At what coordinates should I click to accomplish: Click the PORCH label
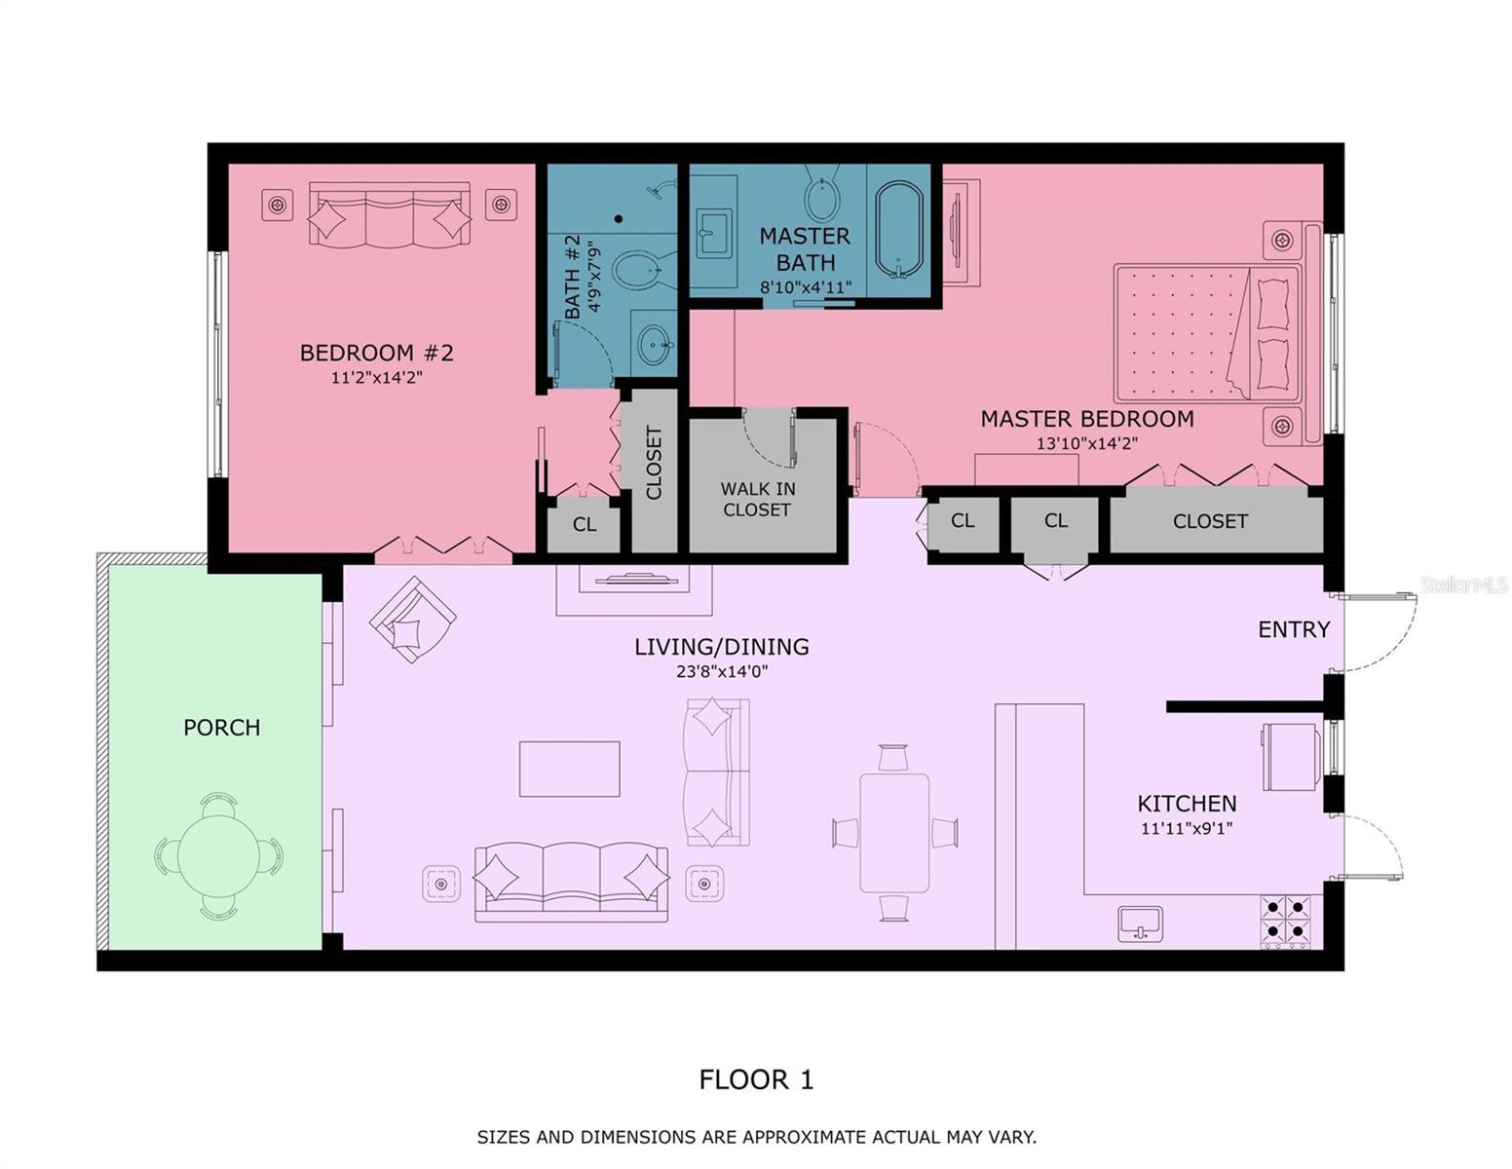click(x=221, y=728)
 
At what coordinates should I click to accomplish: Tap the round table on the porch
click(x=219, y=856)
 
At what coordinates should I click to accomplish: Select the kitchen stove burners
click(x=1286, y=921)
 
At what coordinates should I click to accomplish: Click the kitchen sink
click(x=1140, y=923)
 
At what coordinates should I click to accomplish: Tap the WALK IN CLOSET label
click(x=757, y=499)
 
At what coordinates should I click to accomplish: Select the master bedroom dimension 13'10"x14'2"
click(x=1086, y=443)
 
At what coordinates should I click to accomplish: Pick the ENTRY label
click(x=1293, y=629)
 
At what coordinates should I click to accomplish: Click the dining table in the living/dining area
click(x=894, y=833)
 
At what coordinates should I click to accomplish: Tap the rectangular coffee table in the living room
click(x=569, y=769)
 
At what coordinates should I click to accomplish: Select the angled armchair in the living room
click(x=413, y=620)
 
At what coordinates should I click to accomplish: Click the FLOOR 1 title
click(x=755, y=1079)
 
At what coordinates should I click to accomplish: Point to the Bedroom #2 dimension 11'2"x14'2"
click(x=376, y=378)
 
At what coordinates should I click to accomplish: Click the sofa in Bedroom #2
click(x=389, y=214)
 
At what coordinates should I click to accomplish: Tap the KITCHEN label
click(x=1187, y=804)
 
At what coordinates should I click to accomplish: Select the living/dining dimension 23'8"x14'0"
click(x=722, y=671)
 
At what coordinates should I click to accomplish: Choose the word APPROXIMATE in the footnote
click(x=798, y=1137)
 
